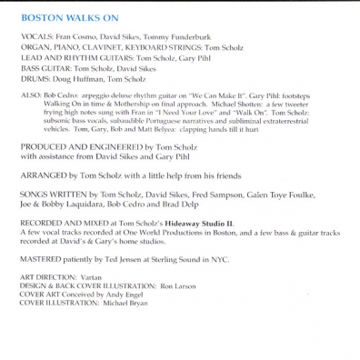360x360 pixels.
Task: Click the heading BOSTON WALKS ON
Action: point(59,17)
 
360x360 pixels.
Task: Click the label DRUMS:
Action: point(34,90)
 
